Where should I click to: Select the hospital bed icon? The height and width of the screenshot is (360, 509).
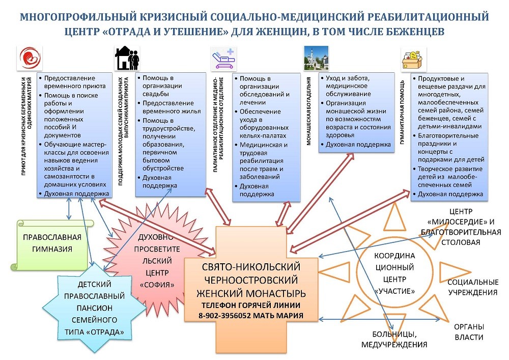pos(222,58)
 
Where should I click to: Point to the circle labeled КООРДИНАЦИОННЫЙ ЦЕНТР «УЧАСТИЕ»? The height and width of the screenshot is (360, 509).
pos(395,272)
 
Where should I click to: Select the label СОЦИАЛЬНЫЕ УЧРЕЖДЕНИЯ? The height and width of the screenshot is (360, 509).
pos(472,287)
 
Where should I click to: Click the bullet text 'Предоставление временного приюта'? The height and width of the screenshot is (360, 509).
pos(75,82)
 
